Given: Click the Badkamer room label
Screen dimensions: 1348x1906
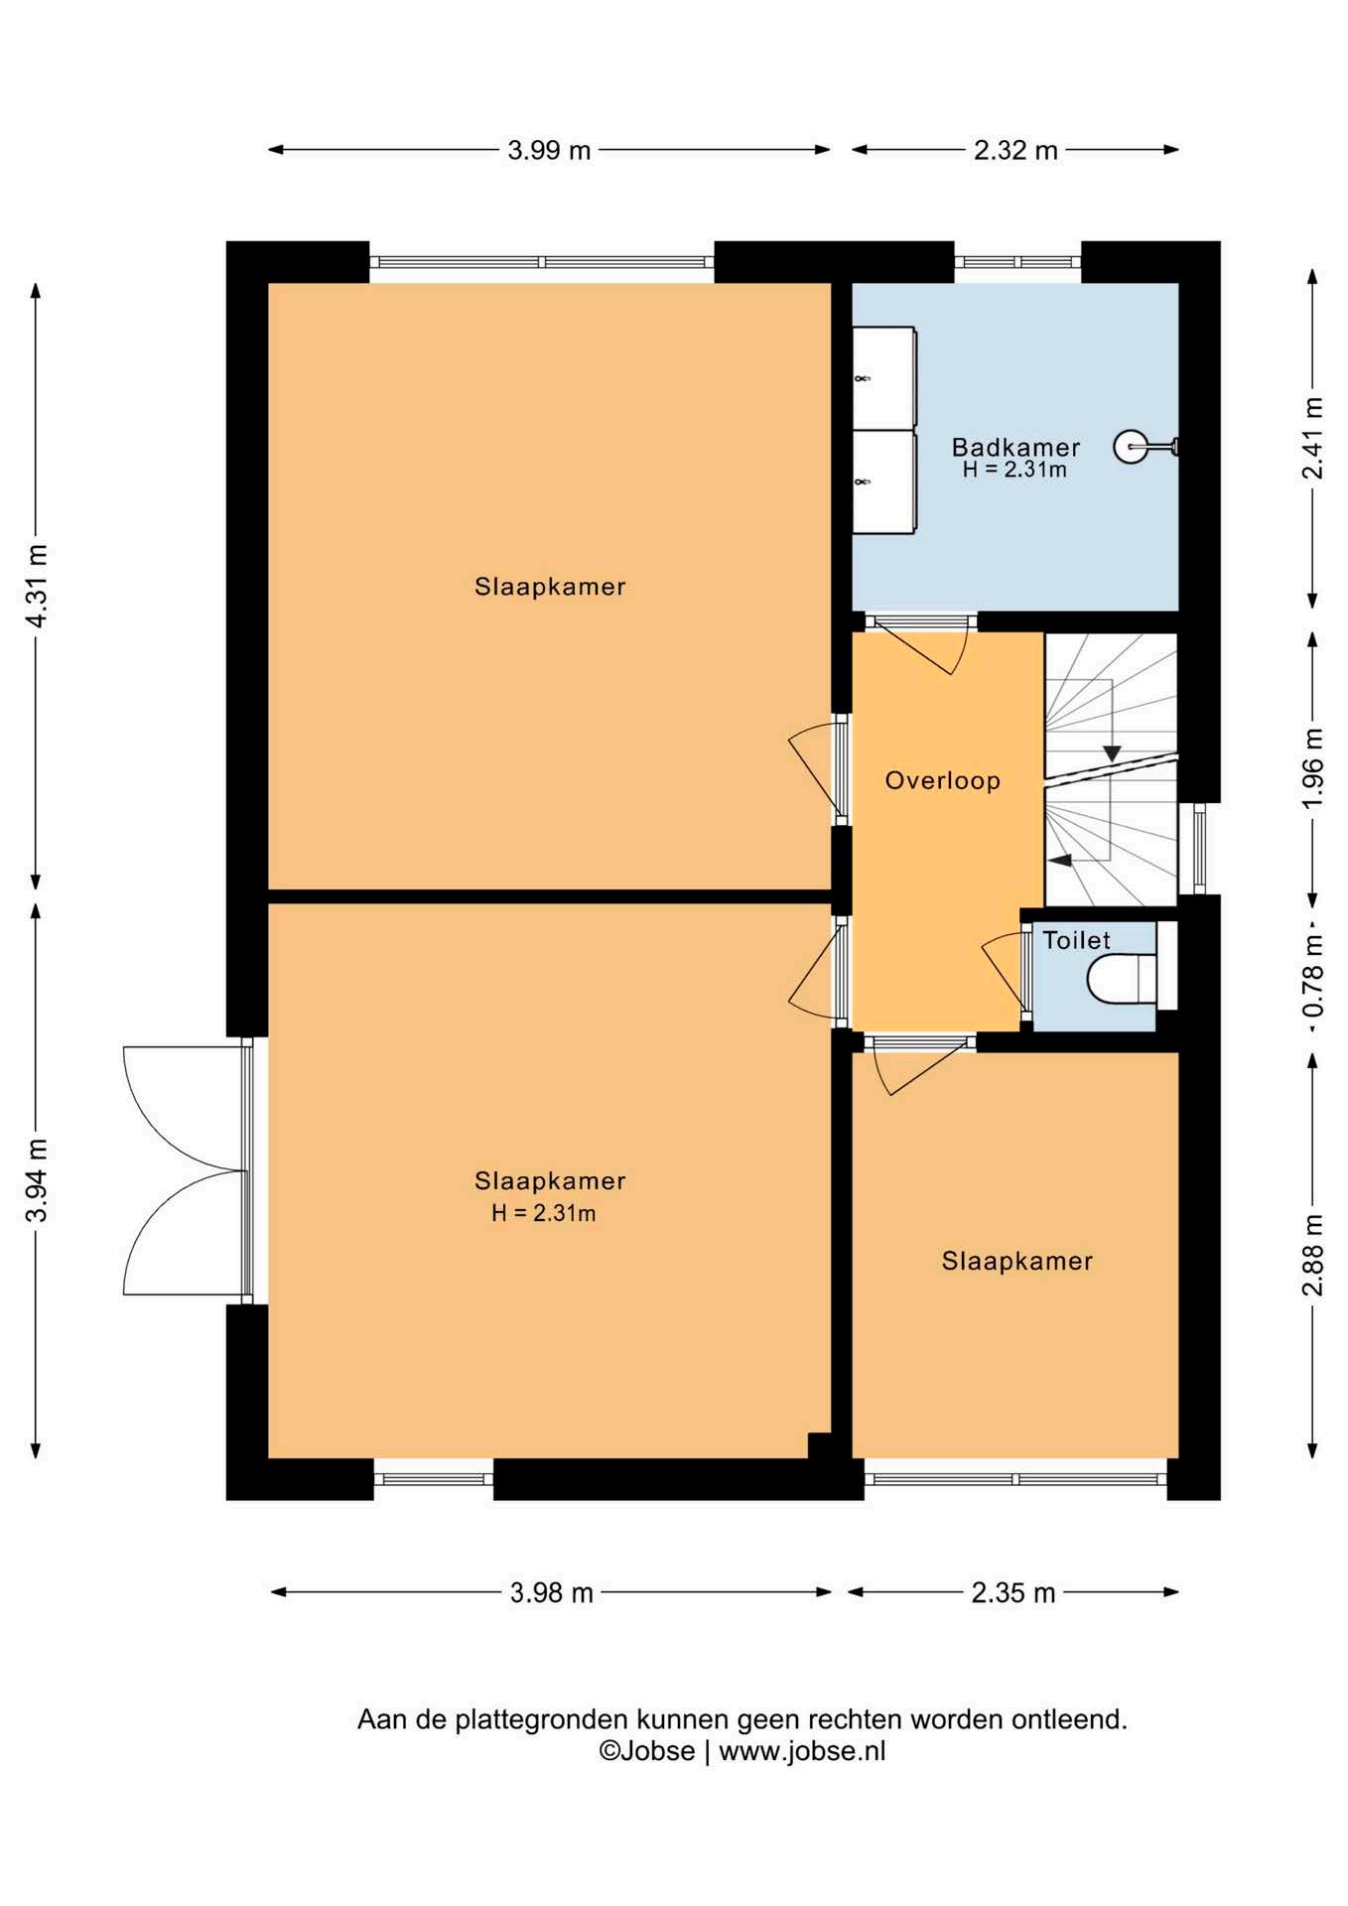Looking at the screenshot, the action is [1015, 447].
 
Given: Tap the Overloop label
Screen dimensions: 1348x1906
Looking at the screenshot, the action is [943, 780].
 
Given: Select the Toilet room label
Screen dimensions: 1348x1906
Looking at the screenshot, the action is [1076, 940].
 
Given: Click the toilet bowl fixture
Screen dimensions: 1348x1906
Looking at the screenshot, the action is [1123, 979].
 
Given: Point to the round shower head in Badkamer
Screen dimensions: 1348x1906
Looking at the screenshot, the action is [1130, 447].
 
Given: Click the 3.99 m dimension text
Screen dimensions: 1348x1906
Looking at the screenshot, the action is [549, 151].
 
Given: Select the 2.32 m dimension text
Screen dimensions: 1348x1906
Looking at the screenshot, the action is [1015, 151].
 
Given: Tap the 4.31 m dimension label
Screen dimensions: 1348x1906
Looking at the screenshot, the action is [36, 586].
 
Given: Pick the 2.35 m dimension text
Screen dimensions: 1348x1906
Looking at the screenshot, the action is [1013, 1593].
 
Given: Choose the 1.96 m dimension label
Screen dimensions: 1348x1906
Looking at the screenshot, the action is [1313, 768].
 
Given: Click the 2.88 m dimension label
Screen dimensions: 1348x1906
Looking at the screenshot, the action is [1313, 1255].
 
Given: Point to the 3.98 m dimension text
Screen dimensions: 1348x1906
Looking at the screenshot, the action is [552, 1593].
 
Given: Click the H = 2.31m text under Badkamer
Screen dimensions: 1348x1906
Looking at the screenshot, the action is [1014, 471].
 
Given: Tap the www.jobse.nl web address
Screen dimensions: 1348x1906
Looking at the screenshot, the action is [802, 1750].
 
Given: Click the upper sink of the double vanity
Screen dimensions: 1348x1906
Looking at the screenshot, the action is [883, 378].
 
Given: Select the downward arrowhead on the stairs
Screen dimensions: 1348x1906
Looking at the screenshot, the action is [1112, 753].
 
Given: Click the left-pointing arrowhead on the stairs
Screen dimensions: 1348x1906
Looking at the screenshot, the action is [1061, 860].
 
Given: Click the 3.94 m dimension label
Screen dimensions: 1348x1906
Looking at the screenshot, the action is [36, 1180].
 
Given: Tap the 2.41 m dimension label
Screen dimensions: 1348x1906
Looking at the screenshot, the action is [1313, 438].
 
